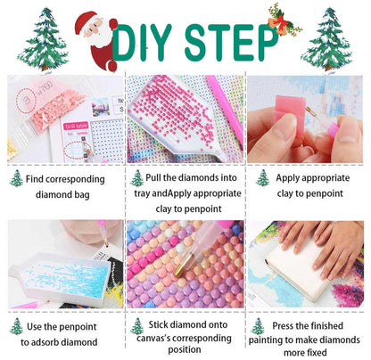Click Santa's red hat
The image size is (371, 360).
pyautogui.click(x=86, y=20)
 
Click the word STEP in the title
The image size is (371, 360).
pyautogui.click(x=231, y=43)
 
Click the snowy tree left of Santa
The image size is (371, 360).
pyautogui.click(x=44, y=39)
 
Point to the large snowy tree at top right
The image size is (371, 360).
pyautogui.click(x=328, y=39)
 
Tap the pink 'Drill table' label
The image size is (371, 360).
pyautogui.click(x=76, y=126)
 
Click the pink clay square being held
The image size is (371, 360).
pyautogui.click(x=291, y=113)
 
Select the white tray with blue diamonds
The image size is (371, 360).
pyautogui.click(x=61, y=278)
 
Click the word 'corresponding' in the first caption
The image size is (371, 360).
pyautogui.click(x=75, y=179)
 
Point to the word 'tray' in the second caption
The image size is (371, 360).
pyautogui.click(x=142, y=193)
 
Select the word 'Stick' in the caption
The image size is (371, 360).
pyautogui.click(x=159, y=324)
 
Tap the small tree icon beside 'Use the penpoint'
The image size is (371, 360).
pyautogui.click(x=16, y=326)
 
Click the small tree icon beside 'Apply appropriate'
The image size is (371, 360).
pyautogui.click(x=263, y=178)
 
